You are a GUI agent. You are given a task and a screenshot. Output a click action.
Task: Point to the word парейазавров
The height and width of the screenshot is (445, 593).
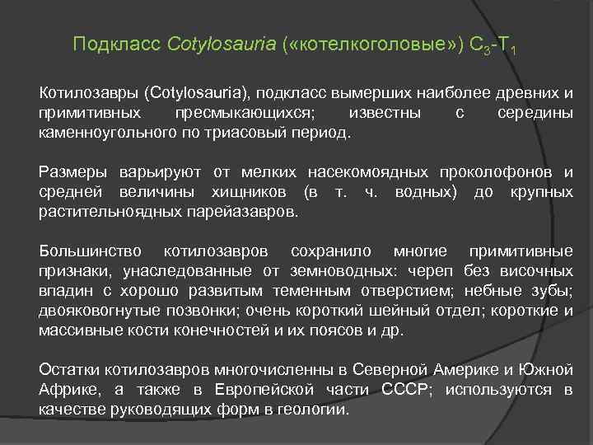point(252,212)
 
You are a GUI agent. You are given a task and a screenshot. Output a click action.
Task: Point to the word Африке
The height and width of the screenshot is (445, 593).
point(66,389)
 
